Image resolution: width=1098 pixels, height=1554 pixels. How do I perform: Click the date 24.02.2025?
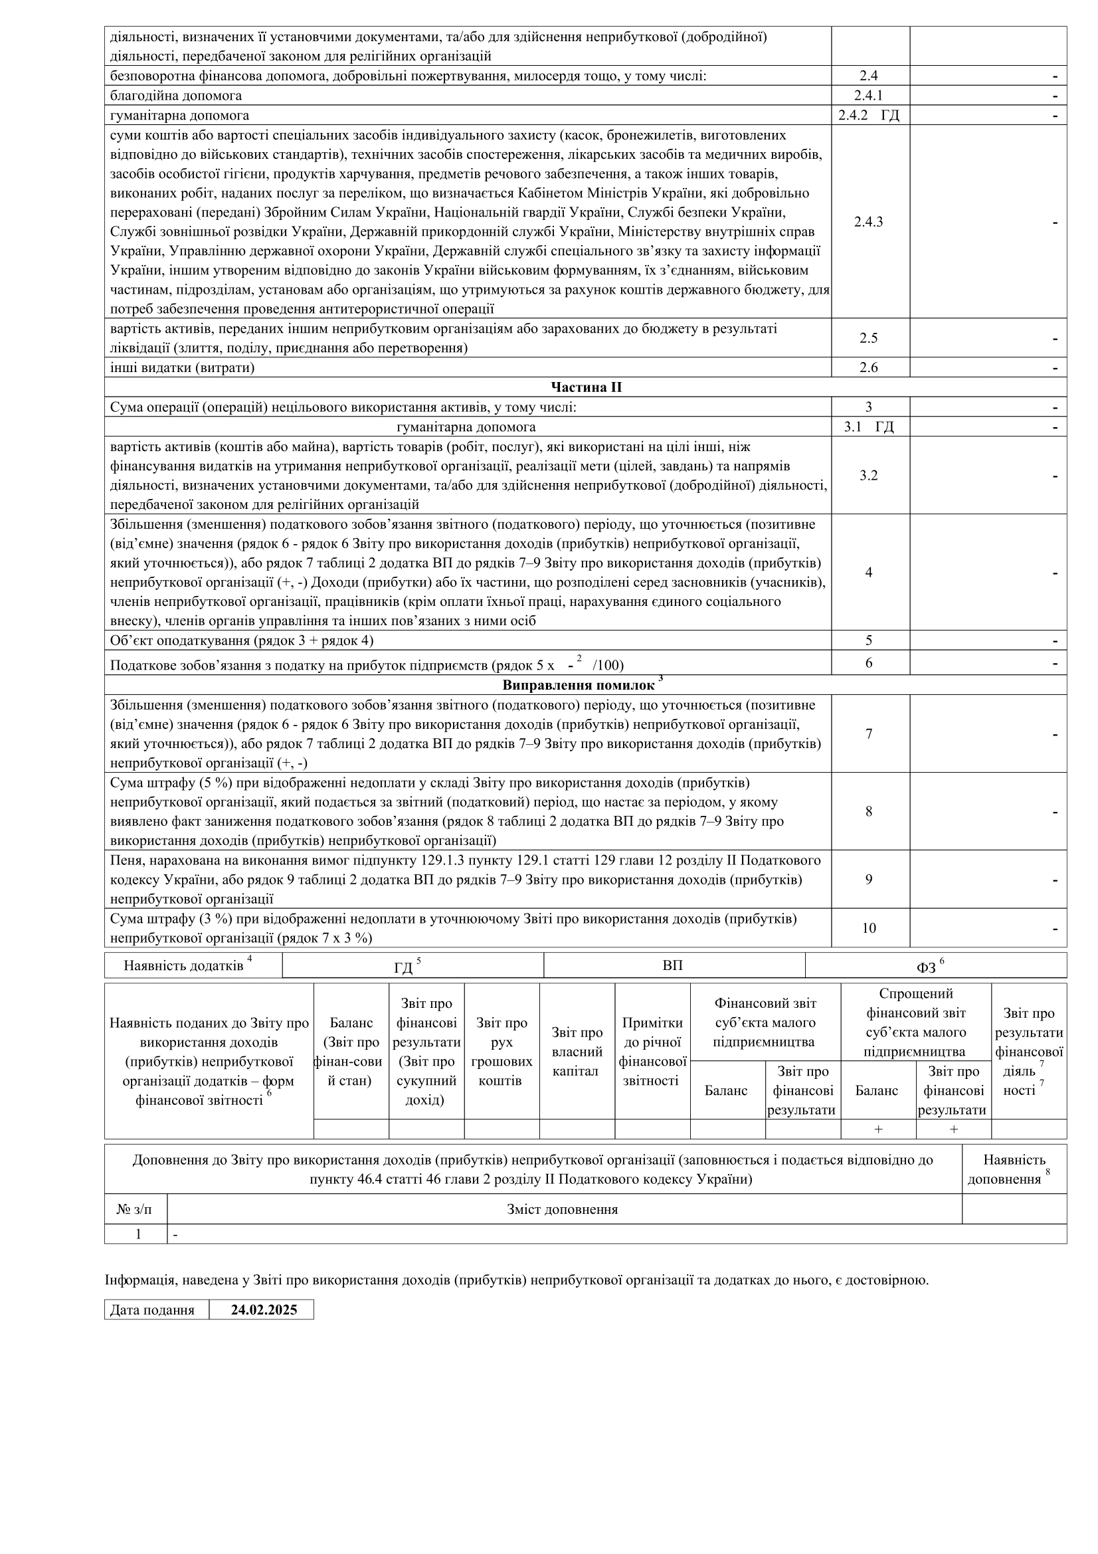coord(264,1310)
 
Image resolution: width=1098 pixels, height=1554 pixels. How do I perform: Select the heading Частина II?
coord(586,387)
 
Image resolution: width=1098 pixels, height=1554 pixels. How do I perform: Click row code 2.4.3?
coord(869,222)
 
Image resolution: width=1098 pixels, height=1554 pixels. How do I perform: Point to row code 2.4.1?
coord(869,96)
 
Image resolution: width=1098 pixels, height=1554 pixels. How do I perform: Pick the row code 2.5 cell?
coord(869,338)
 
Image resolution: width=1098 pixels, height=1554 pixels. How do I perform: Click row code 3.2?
coord(869,475)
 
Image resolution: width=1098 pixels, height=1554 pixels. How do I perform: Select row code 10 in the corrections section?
coord(869,928)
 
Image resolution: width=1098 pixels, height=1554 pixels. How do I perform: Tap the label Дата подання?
coord(152,1310)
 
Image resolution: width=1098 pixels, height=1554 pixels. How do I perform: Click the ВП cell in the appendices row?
coord(673,965)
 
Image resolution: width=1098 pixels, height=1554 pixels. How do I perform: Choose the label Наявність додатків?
coord(184,966)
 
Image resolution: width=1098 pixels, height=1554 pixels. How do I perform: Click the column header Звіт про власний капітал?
coord(577,1052)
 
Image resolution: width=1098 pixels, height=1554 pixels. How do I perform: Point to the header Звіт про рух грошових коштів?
coord(502,1052)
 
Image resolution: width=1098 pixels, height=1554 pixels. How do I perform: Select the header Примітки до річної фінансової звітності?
coord(652,1052)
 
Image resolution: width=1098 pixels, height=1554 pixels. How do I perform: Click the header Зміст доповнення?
coord(563,1209)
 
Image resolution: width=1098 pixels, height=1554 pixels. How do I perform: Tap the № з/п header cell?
coord(135,1209)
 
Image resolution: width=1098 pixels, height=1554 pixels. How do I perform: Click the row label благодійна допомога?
coord(176,96)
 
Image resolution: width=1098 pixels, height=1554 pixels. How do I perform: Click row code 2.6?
coord(869,367)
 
